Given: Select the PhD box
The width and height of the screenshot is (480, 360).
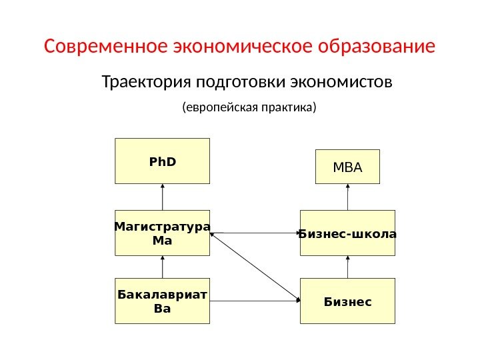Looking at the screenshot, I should click(x=162, y=161).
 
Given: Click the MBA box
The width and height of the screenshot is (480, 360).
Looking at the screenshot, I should click(x=347, y=167).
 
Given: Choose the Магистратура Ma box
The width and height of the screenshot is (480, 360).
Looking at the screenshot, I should click(x=162, y=233).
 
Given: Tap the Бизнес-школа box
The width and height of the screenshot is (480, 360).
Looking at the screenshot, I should click(x=347, y=233).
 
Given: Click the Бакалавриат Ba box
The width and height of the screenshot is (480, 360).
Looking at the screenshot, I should click(x=162, y=301).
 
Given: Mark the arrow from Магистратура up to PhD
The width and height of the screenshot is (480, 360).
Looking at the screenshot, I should click(x=162, y=197).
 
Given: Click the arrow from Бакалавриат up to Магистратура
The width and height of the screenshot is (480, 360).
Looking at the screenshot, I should click(x=162, y=267).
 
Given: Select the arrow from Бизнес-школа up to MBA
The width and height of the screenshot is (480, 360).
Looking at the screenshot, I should click(x=347, y=197).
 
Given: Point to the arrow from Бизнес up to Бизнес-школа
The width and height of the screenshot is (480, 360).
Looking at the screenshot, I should click(x=347, y=267).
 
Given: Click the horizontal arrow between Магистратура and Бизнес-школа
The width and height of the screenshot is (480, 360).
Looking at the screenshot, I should click(x=255, y=233).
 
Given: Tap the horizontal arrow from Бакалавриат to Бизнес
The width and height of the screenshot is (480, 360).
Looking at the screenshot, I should click(x=255, y=301).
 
